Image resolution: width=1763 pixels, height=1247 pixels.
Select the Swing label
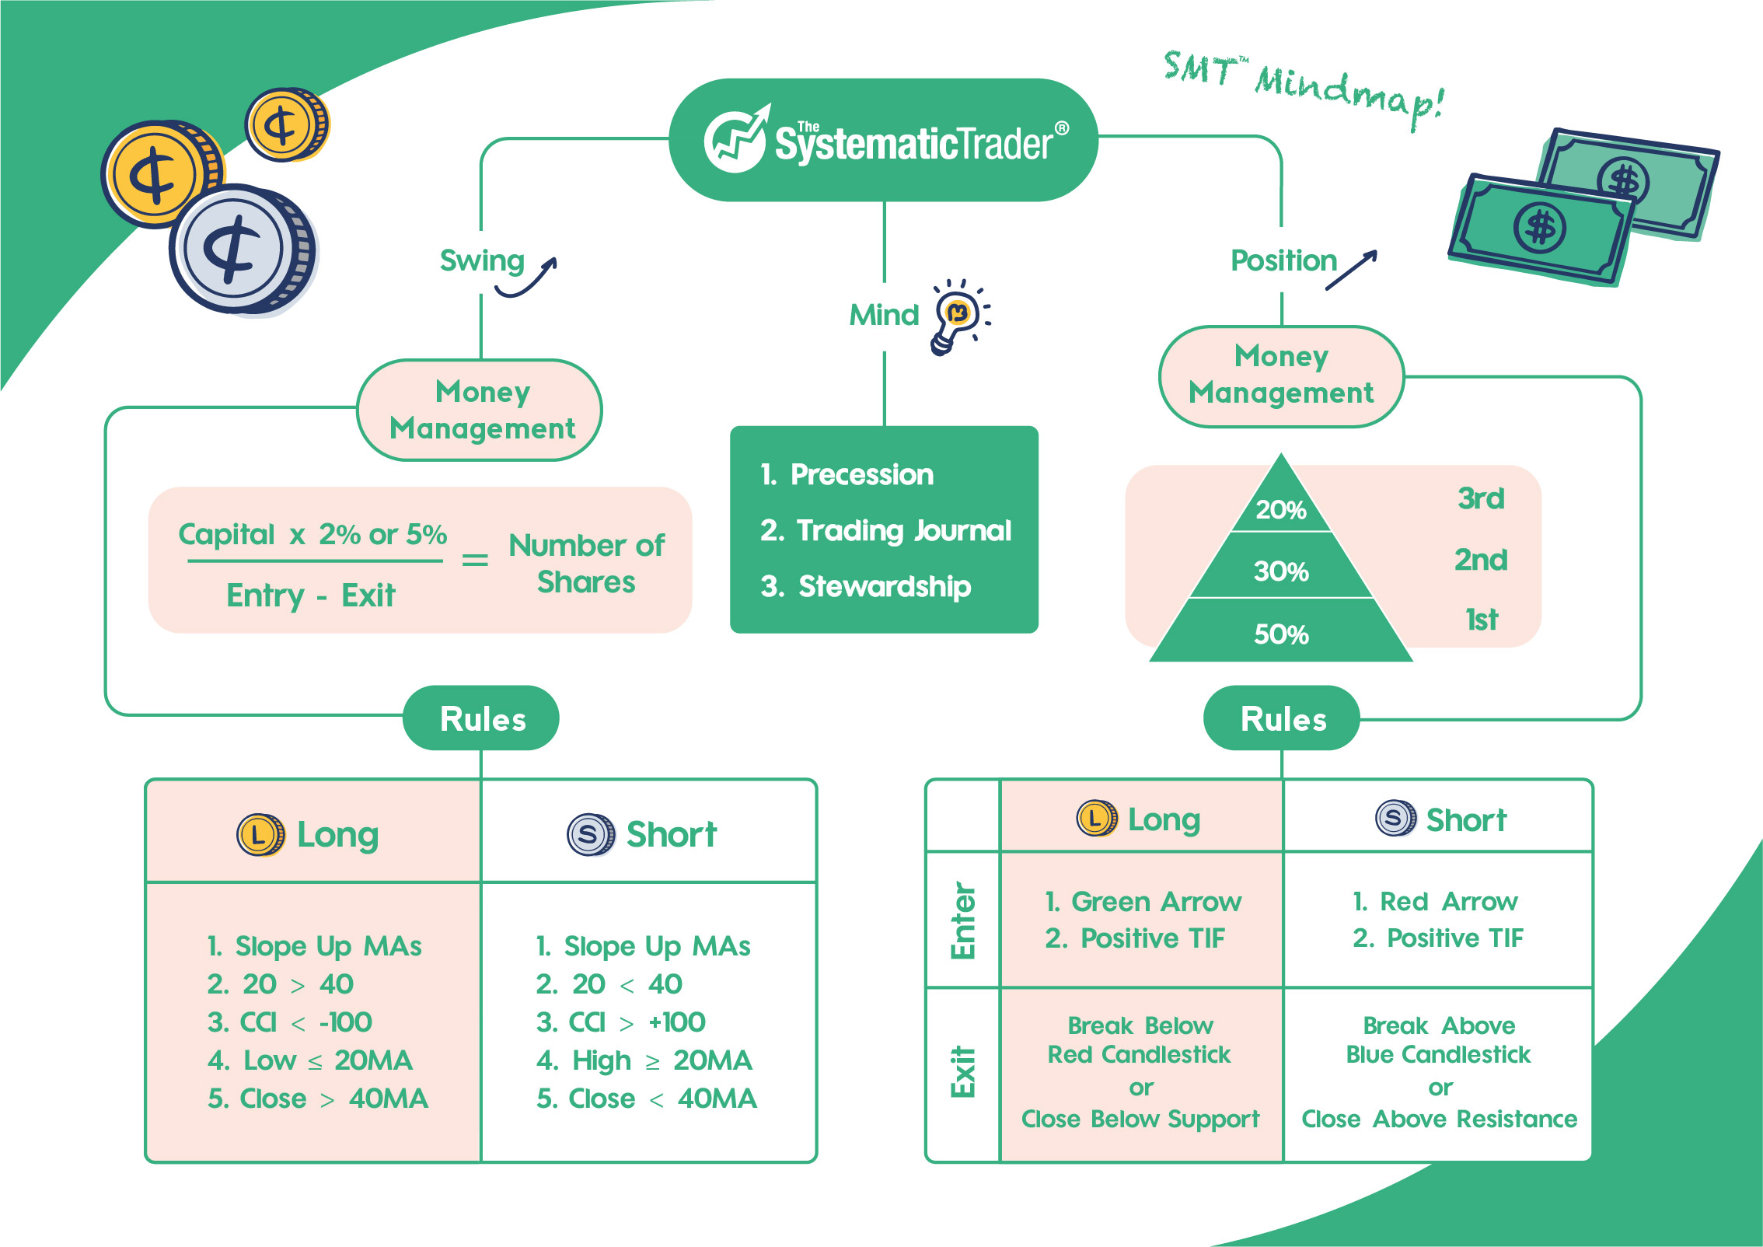[x=482, y=261]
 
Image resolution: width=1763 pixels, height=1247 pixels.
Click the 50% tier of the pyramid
[x=1281, y=634]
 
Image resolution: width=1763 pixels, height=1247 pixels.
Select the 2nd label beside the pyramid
[x=1480, y=560]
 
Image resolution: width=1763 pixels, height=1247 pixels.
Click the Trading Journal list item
[x=886, y=531]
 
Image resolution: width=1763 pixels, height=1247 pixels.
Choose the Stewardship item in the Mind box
[x=866, y=586]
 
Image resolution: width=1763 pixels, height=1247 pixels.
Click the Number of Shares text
[x=586, y=563]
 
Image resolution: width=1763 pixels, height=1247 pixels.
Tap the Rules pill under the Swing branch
[x=481, y=718]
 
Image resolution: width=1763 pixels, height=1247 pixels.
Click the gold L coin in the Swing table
[x=260, y=836]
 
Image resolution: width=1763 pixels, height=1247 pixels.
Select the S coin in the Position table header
[x=1395, y=818]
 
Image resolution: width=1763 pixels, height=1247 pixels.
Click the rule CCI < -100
[x=290, y=1022]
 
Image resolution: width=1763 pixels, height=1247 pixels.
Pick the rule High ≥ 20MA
[x=644, y=1060]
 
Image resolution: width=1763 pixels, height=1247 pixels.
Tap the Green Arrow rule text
[x=1143, y=902]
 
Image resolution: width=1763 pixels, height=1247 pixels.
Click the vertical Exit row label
[x=962, y=1073]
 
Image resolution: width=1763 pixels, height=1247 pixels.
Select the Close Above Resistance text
[x=1440, y=1120]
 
